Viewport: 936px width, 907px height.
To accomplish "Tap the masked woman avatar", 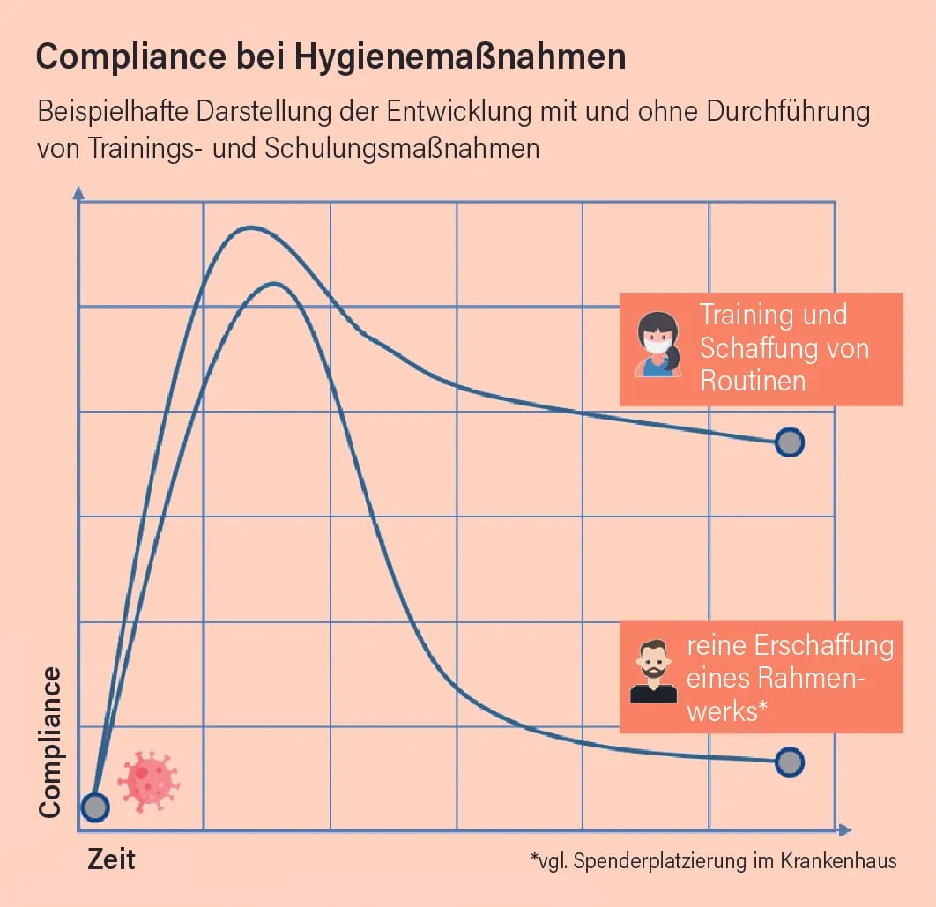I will click(657, 346).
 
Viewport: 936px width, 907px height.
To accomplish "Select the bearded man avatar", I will click(653, 673).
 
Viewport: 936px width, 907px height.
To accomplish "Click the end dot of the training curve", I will click(790, 442).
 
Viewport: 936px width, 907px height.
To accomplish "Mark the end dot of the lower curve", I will click(790, 762).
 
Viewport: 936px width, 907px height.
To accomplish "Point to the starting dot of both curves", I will click(94, 807).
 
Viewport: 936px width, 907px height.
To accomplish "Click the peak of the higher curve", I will click(251, 227).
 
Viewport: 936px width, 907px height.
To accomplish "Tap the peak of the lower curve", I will click(275, 284).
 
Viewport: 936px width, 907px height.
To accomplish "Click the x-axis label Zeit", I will click(111, 860).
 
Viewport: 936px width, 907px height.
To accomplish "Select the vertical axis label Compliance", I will click(50, 742).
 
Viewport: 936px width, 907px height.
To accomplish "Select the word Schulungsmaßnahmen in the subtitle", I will click(401, 147).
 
